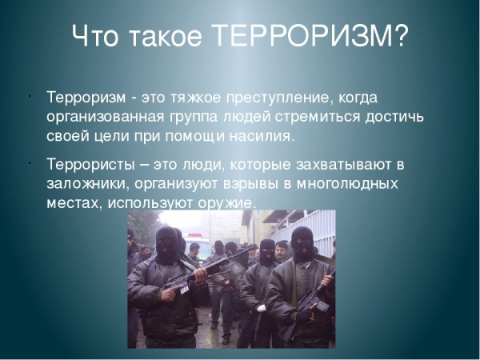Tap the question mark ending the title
398,38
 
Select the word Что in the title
98,38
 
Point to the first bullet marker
28,97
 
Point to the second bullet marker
28,165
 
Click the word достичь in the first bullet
395,118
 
